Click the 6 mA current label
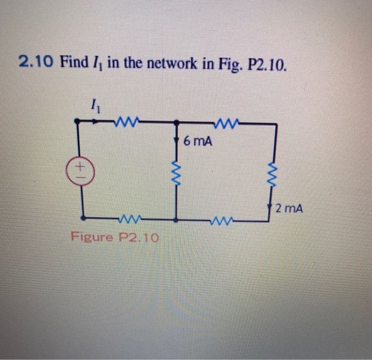pyautogui.click(x=197, y=141)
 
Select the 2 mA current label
pyautogui.click(x=290, y=210)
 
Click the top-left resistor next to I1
pyautogui.click(x=127, y=122)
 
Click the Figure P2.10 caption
pyautogui.click(x=115, y=237)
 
